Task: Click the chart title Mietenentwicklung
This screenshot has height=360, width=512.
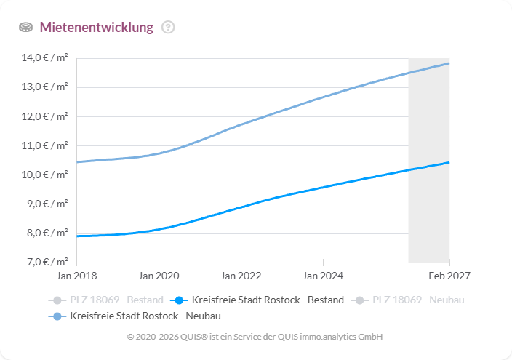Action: click(x=96, y=28)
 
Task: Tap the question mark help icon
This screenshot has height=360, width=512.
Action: click(x=168, y=28)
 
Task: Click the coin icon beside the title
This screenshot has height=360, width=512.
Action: click(x=25, y=28)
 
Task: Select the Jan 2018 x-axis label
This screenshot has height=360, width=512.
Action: click(x=76, y=276)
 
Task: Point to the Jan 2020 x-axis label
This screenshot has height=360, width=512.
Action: click(x=159, y=276)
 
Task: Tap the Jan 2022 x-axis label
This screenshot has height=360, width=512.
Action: click(x=241, y=276)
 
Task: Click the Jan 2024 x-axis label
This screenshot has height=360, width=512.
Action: click(x=323, y=276)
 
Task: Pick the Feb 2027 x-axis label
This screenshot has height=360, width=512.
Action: click(x=449, y=276)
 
